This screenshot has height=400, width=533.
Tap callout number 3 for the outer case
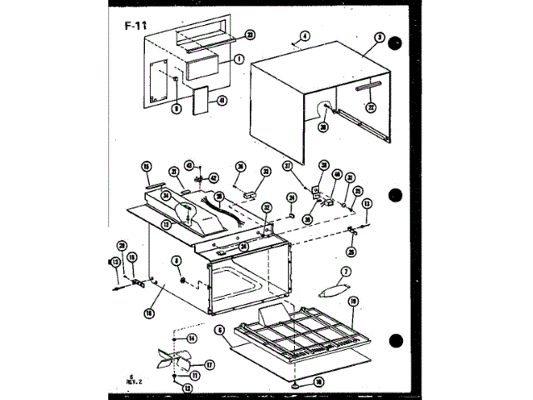pyautogui.click(x=379, y=37)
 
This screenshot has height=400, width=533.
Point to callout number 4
pyautogui.click(x=305, y=36)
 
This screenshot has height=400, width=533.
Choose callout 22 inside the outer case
pyautogui.click(x=371, y=106)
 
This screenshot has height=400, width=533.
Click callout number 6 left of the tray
pyautogui.click(x=219, y=330)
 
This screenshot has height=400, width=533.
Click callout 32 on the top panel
pyautogui.click(x=266, y=207)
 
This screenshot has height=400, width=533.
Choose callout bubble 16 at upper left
pyautogui.click(x=146, y=166)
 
